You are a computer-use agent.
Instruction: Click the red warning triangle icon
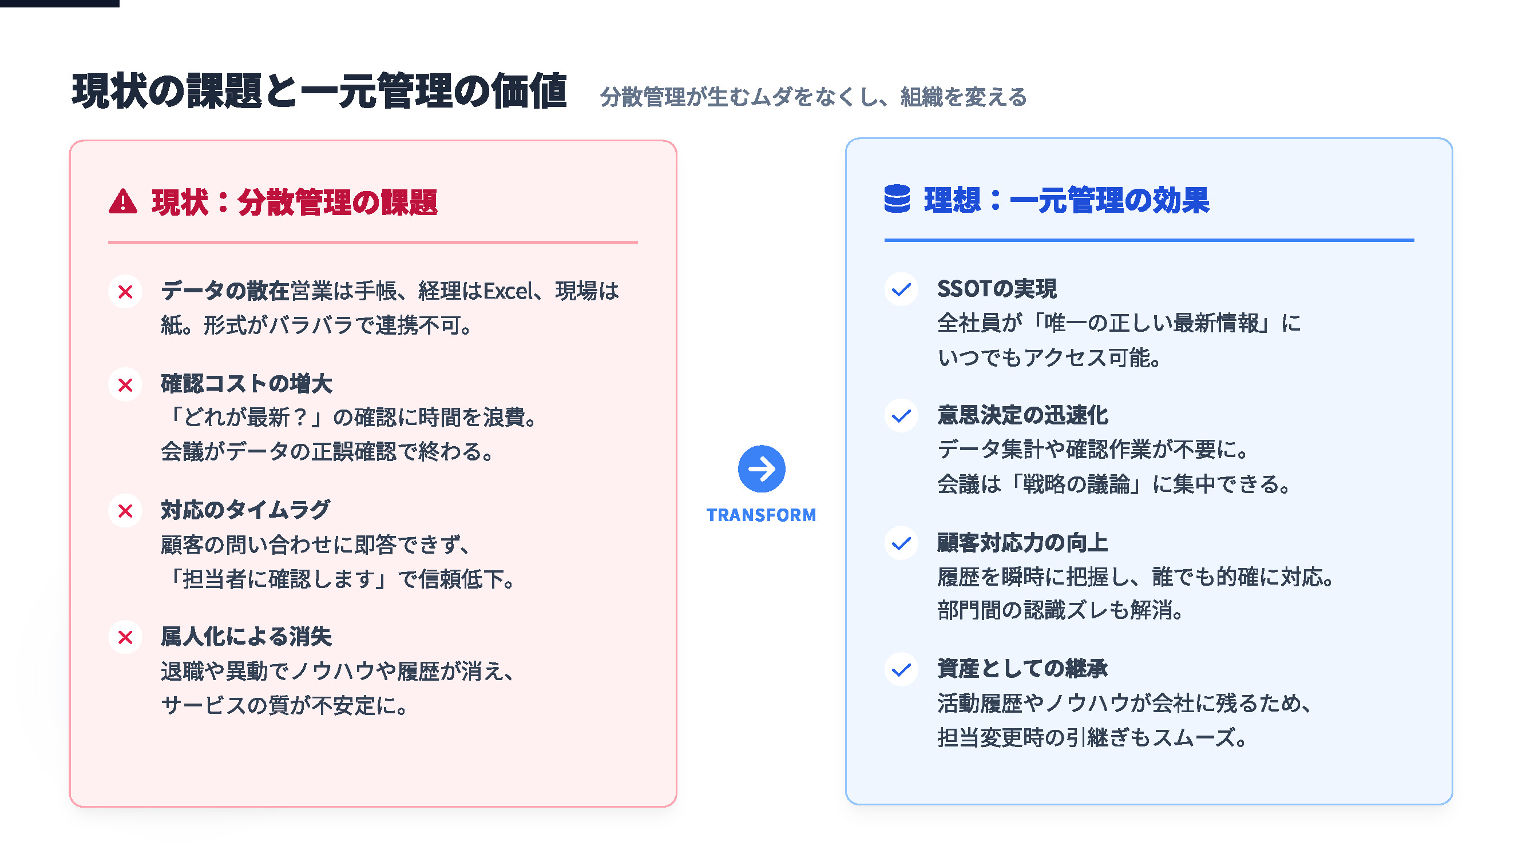[122, 201]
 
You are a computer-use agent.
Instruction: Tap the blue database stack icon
[897, 198]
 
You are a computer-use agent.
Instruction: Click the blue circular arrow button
[761, 469]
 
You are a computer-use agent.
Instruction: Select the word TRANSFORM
[761, 515]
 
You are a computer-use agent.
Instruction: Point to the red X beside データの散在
[125, 291]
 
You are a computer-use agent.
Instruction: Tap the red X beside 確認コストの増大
[125, 385]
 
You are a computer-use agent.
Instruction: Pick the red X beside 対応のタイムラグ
[125, 511]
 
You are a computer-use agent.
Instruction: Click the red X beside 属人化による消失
[125, 638]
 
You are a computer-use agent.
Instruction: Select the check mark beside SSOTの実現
[901, 289]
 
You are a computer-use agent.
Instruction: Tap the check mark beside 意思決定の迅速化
[901, 416]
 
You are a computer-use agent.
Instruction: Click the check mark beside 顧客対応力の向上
[901, 542]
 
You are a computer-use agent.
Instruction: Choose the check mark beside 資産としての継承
[901, 669]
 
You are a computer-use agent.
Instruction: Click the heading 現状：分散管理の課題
[295, 202]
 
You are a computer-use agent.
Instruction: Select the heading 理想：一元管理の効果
[1067, 200]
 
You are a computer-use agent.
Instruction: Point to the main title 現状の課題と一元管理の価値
[319, 91]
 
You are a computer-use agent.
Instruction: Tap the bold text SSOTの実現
[996, 289]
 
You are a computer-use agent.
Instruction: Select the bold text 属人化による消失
[246, 637]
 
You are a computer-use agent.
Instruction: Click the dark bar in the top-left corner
[60, 3]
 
